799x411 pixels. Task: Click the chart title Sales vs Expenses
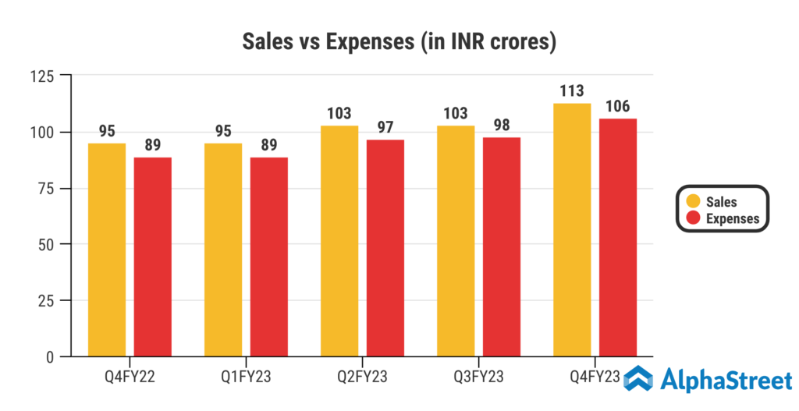coord(400,42)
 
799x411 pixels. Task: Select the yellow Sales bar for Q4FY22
coord(107,250)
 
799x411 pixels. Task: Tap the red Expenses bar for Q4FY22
coord(153,257)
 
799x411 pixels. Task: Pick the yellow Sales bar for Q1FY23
coord(223,250)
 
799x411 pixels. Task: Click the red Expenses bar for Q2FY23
coord(385,248)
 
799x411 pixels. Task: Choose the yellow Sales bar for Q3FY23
coord(456,241)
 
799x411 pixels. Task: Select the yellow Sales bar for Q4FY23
coord(572,229)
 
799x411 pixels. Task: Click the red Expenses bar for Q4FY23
coord(618,237)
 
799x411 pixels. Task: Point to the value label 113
coord(572,91)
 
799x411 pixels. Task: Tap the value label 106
coord(618,107)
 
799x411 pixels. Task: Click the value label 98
coord(502,126)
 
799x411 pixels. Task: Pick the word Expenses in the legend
coord(732,218)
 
